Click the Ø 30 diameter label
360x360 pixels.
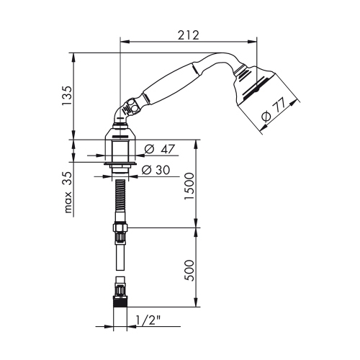tap(158, 171)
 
